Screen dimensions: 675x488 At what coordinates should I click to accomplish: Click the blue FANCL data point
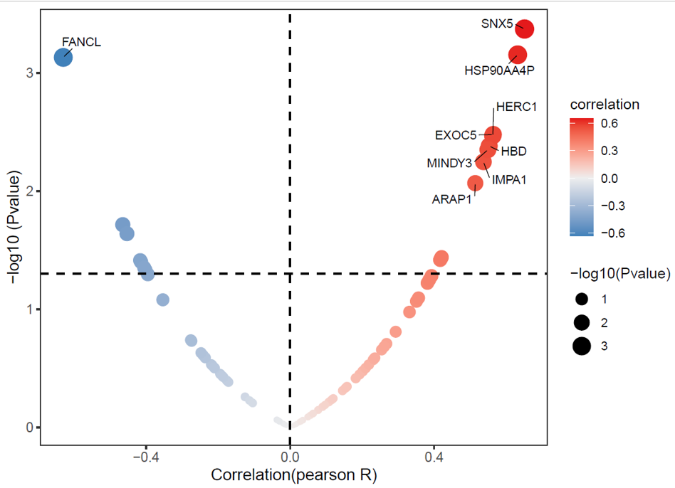point(63,58)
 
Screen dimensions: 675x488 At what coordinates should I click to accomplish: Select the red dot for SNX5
point(525,29)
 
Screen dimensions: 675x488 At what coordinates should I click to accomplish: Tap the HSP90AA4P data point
point(518,55)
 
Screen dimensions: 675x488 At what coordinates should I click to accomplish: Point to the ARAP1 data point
point(475,183)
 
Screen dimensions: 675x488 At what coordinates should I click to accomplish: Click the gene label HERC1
point(517,107)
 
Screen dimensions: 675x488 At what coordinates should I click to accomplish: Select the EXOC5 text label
point(456,135)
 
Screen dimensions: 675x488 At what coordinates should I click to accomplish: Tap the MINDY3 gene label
point(449,164)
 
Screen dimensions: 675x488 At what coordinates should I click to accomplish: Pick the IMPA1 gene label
point(509,180)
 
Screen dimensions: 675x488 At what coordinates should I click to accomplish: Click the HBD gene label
point(514,152)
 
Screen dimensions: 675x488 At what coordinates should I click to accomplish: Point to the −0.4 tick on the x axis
point(146,457)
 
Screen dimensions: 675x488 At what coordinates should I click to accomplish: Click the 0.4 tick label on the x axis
point(434,457)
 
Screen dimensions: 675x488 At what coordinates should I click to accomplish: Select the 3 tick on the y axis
point(29,73)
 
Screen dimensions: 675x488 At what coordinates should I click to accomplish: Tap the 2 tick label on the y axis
point(29,191)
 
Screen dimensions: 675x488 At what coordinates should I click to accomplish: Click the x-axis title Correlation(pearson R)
point(294,475)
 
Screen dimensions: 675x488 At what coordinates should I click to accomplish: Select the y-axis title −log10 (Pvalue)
point(15,227)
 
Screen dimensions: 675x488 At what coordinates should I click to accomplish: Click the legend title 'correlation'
point(605,105)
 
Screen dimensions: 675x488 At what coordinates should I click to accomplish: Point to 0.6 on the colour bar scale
point(609,124)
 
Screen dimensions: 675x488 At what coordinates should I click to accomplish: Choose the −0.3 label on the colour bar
point(613,206)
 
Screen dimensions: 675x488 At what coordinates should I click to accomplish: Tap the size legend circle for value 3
point(582,346)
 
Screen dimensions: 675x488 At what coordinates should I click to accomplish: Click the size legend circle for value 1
point(582,299)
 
